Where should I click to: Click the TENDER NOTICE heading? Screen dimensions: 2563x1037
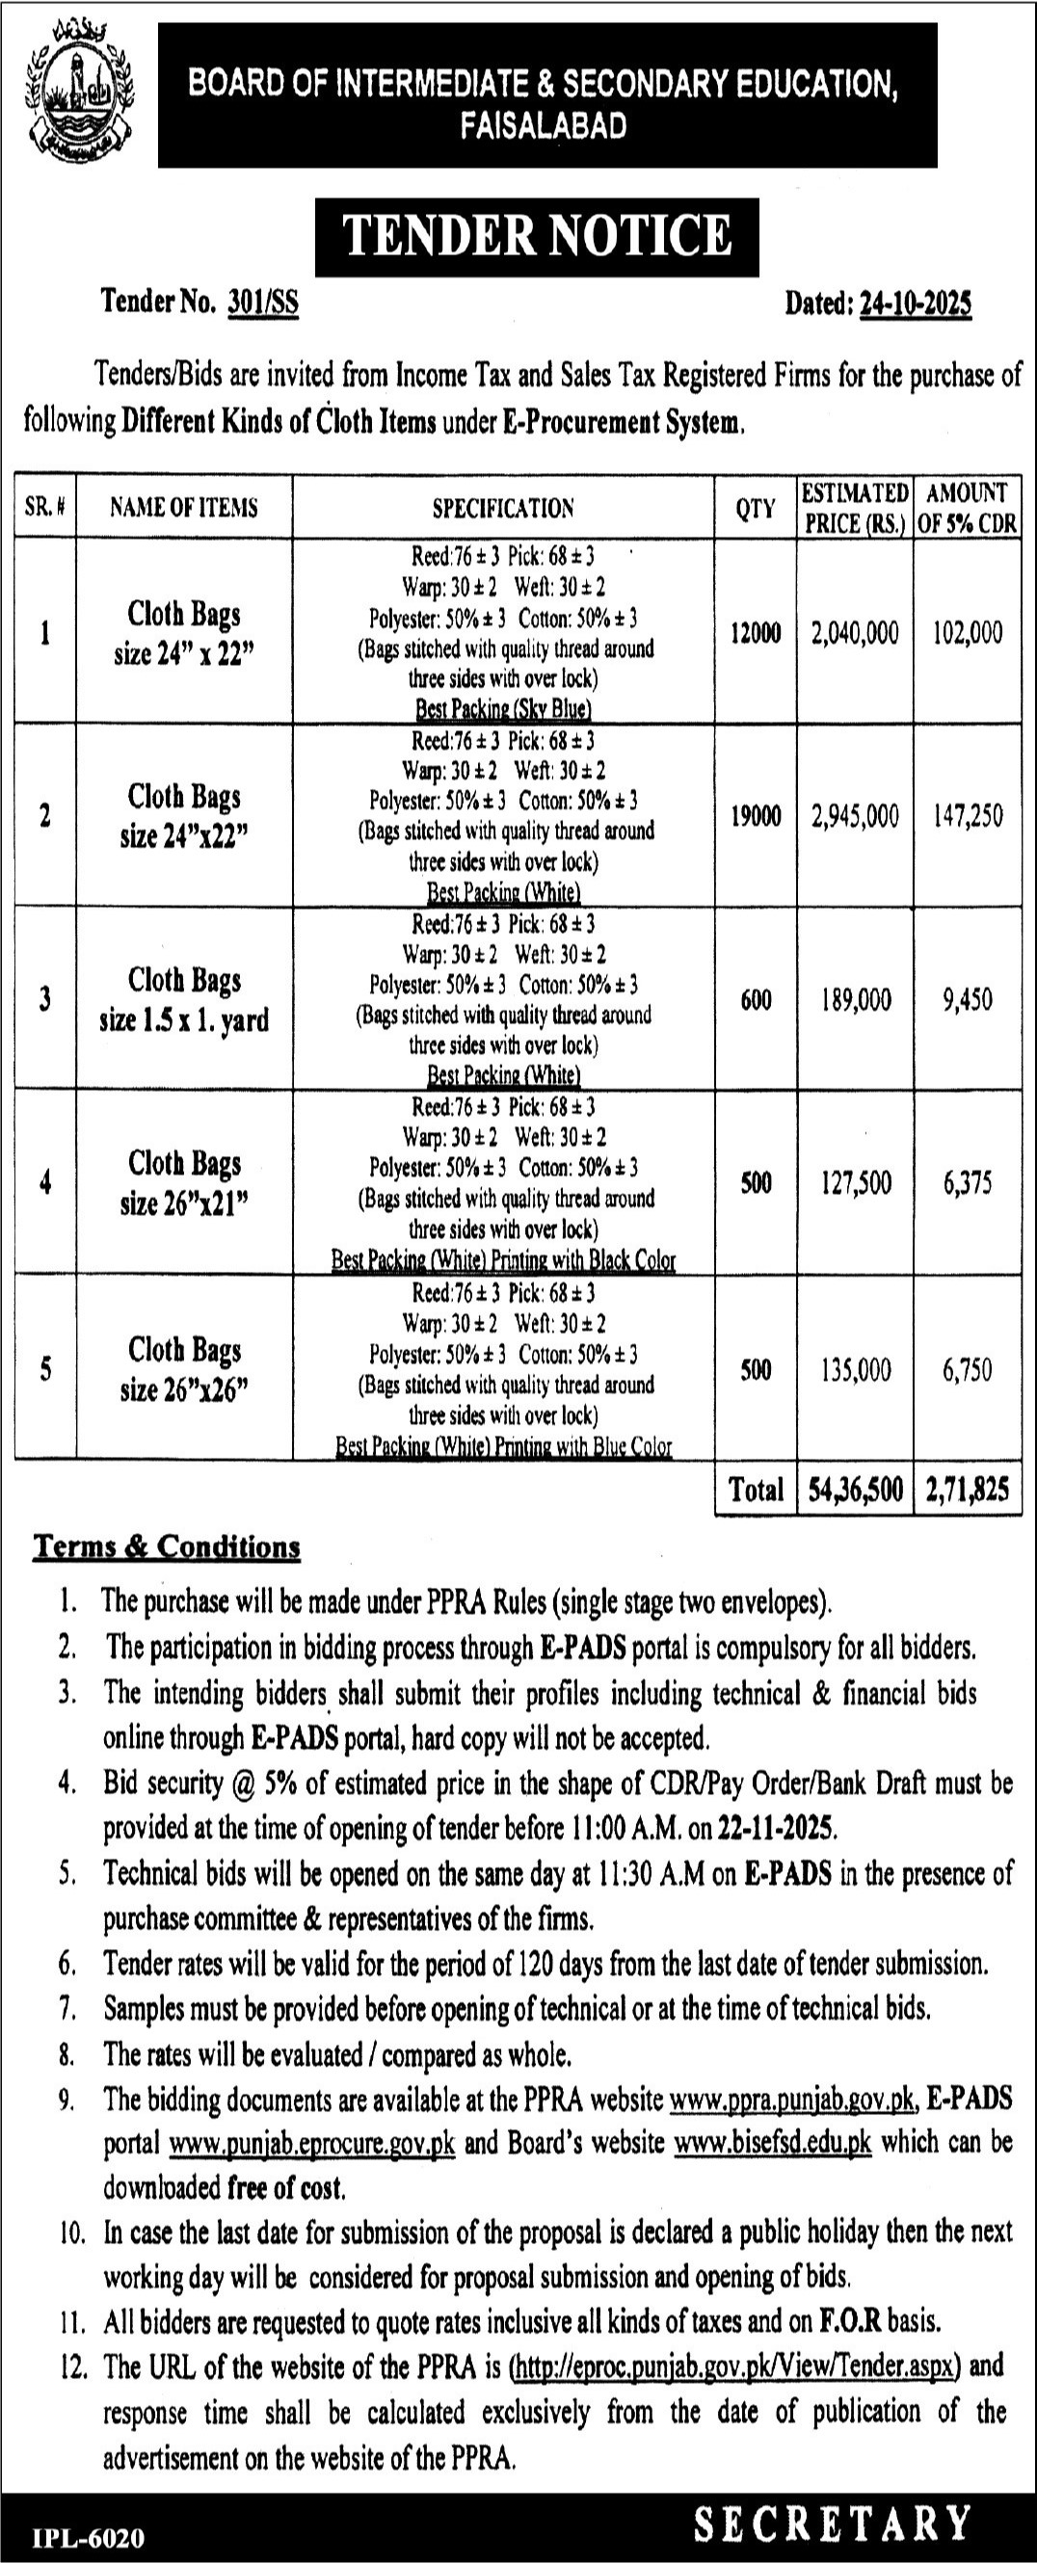tap(537, 236)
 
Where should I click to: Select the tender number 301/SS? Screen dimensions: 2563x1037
tap(263, 303)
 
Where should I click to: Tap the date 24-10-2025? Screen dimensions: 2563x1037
tap(916, 303)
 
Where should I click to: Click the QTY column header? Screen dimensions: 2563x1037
tap(756, 509)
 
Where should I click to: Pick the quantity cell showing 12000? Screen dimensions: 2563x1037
tap(756, 633)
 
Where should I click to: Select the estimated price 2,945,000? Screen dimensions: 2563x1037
tap(855, 816)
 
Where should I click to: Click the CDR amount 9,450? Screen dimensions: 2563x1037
tap(968, 999)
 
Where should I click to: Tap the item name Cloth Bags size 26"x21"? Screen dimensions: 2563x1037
tap(184, 1183)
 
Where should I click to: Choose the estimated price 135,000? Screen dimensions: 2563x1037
tap(855, 1370)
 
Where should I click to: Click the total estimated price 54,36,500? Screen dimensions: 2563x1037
tap(855, 1489)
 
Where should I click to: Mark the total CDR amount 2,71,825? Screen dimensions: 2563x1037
tap(968, 1489)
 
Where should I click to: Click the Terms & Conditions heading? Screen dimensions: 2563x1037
tap(167, 1547)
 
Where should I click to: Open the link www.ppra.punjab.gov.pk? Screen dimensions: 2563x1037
tap(792, 2101)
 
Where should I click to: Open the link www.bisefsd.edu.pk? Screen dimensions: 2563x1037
tap(772, 2142)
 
